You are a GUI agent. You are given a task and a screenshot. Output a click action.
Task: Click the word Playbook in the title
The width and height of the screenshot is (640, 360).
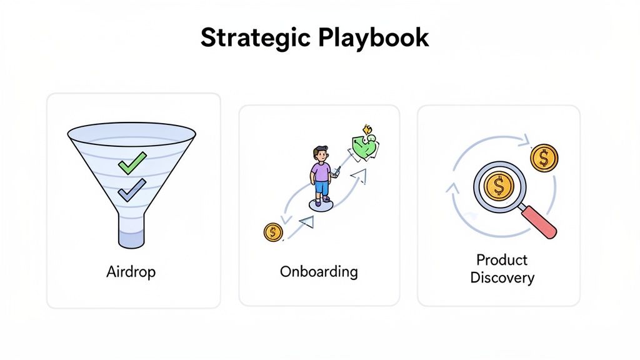[x=373, y=38]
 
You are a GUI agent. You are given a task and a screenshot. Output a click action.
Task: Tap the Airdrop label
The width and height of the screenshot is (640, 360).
[x=131, y=272]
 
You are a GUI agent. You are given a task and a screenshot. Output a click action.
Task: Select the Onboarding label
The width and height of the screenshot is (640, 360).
[x=319, y=272]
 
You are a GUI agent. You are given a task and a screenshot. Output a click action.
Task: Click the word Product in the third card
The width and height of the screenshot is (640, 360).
[x=502, y=259]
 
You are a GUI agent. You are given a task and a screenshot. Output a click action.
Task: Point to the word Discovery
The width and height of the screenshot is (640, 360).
[x=502, y=277]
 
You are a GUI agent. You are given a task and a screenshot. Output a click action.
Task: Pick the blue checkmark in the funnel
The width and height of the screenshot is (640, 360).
[x=132, y=189]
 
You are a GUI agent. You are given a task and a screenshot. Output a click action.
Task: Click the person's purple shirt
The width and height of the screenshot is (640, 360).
[x=321, y=171]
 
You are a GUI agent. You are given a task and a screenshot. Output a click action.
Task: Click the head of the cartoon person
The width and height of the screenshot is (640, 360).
[x=321, y=154]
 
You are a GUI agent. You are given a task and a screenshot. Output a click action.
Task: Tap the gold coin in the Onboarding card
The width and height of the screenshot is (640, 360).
[x=273, y=232]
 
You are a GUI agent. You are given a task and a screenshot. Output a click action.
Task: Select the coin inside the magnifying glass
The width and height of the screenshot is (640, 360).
[x=499, y=186]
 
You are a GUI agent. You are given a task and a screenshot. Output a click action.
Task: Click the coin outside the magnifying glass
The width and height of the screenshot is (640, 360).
[x=544, y=158]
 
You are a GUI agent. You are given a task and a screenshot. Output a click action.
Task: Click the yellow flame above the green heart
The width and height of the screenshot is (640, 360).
[x=368, y=131]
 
